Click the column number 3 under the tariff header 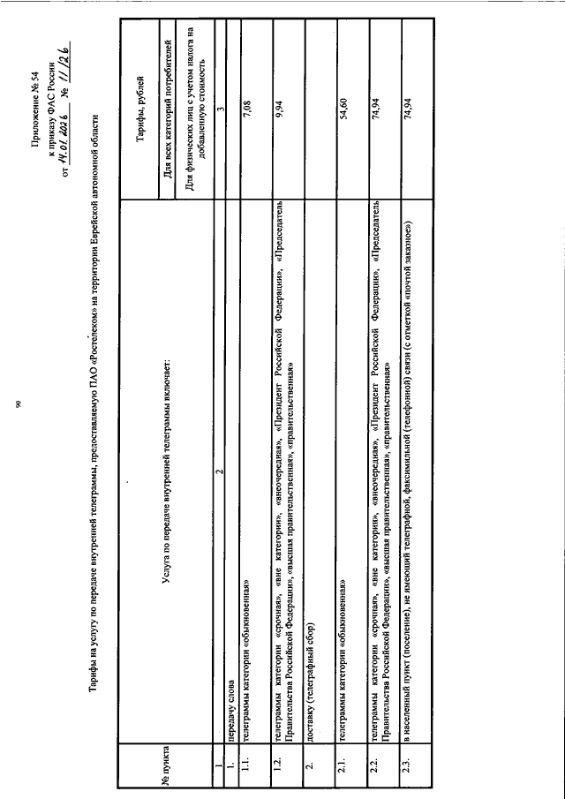coord(219,110)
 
